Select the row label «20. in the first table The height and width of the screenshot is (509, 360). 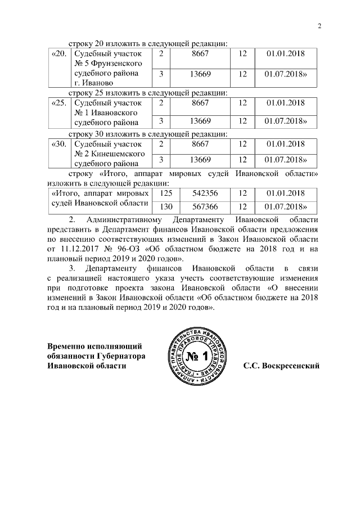point(58,53)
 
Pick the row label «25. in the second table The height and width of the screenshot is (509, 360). point(58,103)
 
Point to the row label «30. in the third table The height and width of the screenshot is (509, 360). point(58,144)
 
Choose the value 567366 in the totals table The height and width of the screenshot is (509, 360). point(200,206)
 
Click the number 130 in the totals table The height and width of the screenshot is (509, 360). point(166,206)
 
